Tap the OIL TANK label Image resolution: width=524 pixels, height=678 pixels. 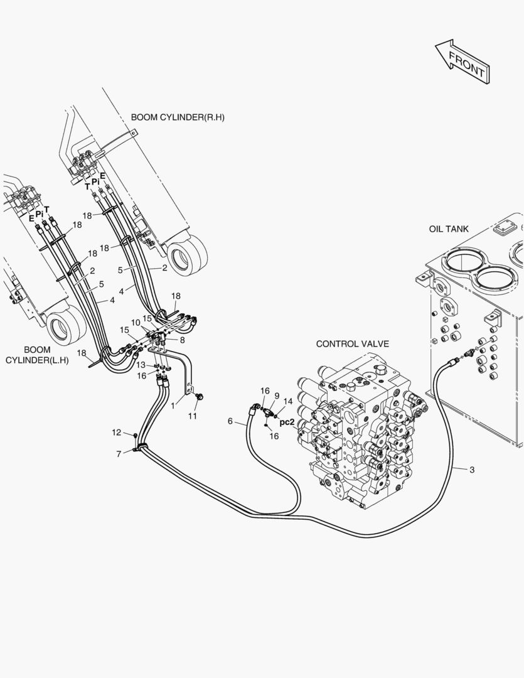449,229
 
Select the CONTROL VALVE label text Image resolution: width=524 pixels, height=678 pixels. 352,344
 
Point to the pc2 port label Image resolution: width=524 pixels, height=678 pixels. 287,422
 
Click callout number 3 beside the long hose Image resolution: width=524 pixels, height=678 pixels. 472,469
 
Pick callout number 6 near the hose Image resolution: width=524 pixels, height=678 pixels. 230,421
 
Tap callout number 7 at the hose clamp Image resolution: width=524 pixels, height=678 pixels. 119,453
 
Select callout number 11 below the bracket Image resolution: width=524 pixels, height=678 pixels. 193,416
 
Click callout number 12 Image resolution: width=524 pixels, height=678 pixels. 116,432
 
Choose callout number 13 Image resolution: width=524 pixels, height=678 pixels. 141,365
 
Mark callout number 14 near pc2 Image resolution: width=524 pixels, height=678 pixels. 288,401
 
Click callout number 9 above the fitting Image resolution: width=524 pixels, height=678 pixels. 277,396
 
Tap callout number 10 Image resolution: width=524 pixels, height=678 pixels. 136,322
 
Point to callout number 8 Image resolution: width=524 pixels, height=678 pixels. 182,340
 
